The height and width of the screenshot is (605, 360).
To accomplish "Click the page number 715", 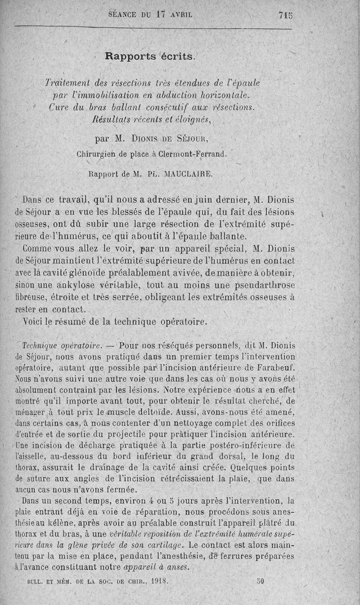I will click(x=286, y=14).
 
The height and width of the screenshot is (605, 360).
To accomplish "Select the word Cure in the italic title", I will click(x=57, y=108).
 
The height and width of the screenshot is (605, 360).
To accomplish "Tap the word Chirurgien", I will click(x=97, y=154).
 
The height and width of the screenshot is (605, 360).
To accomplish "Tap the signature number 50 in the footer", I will click(x=260, y=581).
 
